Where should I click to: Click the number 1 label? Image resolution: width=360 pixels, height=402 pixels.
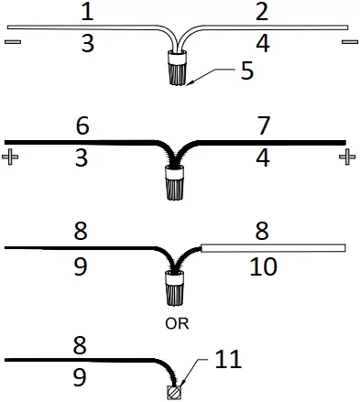(86, 13)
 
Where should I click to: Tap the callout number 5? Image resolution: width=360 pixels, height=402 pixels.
(246, 71)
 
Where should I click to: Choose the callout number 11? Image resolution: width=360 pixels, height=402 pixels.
(229, 359)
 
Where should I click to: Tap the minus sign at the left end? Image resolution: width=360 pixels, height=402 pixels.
(12, 42)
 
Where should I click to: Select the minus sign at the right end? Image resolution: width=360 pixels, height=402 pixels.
(348, 42)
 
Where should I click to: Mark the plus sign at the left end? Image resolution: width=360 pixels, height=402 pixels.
(12, 158)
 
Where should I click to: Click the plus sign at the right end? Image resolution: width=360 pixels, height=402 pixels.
(346, 158)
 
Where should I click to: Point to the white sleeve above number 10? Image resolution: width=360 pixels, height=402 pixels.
(272, 247)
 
